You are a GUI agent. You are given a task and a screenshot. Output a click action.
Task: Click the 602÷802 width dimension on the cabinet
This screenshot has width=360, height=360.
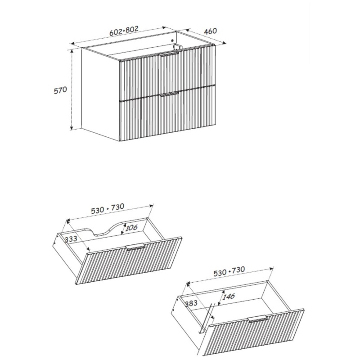tap(124, 31)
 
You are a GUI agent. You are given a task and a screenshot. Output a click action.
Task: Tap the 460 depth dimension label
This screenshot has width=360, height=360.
tap(210, 31)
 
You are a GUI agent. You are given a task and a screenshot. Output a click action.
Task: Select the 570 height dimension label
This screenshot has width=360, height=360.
tap(60, 90)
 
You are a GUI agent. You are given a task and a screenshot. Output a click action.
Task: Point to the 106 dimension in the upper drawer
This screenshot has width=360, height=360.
tap(131, 228)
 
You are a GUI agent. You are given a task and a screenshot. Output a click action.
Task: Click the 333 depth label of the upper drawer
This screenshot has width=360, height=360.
tap(71, 239)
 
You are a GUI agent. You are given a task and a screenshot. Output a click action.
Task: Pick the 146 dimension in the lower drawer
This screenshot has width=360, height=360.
tap(229, 297)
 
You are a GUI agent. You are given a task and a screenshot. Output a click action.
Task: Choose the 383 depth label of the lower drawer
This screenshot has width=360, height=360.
tap(191, 303)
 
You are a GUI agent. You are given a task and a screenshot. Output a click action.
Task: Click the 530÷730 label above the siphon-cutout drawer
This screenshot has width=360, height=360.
tap(108, 208)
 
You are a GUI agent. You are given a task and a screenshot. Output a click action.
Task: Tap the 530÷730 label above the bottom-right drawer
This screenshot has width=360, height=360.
tap(229, 271)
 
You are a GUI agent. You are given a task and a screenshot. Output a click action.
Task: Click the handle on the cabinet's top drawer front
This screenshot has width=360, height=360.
tap(170, 54)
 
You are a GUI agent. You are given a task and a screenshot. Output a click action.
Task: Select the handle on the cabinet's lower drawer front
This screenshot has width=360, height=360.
tap(170, 94)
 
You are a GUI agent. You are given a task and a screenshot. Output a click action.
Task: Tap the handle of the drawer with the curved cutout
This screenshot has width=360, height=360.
tap(135, 246)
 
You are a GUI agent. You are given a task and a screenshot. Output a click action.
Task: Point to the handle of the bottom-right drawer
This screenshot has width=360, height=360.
tap(257, 319)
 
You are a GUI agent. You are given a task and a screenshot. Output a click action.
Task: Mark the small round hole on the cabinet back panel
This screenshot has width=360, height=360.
tap(172, 41)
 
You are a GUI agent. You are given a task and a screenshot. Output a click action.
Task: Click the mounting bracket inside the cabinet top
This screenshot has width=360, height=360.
tap(177, 47)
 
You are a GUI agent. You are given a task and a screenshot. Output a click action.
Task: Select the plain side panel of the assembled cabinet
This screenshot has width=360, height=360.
tap(100, 94)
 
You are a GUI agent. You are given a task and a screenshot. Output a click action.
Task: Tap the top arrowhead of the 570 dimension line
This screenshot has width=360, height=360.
tap(72, 51)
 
